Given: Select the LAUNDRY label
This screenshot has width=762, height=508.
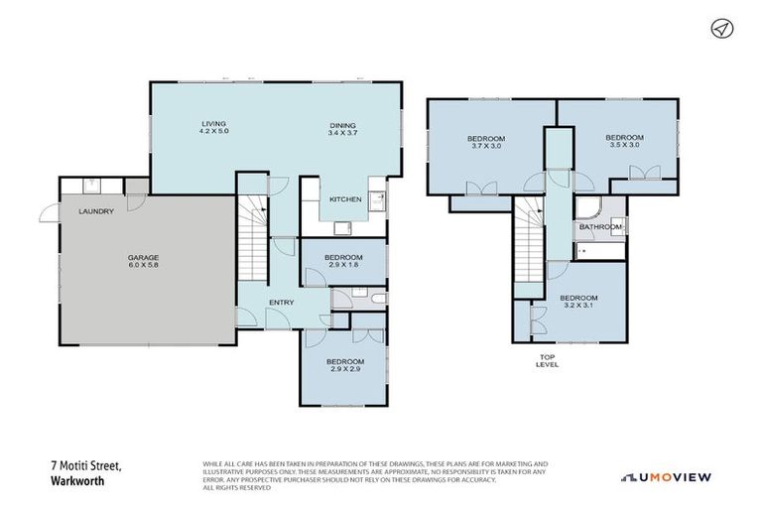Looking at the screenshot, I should click(96, 211).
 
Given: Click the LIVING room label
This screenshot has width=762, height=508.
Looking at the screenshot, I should click(213, 124).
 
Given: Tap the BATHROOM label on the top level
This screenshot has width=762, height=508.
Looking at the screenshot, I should click(600, 227).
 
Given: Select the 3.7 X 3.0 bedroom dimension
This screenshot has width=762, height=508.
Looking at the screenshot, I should click(486, 146).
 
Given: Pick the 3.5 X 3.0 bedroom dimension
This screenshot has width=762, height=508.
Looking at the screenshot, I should click(624, 146).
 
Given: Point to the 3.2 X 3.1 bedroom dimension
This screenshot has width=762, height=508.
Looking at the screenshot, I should click(577, 307).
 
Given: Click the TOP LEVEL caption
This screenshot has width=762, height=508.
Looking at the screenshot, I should click(547, 360).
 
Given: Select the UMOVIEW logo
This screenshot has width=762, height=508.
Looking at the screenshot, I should click(667, 477).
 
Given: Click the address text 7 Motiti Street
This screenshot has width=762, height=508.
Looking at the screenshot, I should click(82, 464).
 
